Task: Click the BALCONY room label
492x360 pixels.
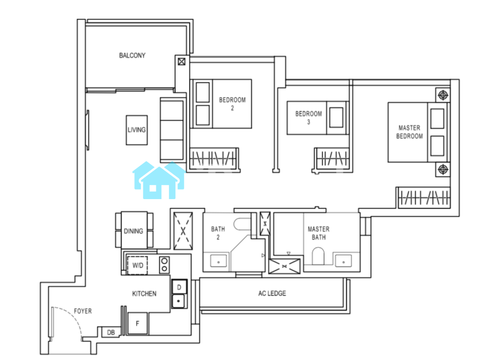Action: tap(132, 55)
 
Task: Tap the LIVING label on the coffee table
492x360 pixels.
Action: tap(137, 130)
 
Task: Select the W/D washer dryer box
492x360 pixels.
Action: tap(137, 265)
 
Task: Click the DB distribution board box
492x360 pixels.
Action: tap(111, 332)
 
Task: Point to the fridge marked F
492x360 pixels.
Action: tap(137, 323)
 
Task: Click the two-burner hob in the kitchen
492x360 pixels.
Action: tap(164, 265)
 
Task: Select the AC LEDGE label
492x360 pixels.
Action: tap(272, 294)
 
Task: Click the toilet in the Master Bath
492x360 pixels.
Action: tap(318, 256)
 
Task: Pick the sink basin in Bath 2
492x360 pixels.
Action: tap(219, 261)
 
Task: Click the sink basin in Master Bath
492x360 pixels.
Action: tap(343, 261)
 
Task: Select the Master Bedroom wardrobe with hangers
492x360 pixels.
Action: tap(424, 198)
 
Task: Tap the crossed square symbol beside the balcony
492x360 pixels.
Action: tap(182, 61)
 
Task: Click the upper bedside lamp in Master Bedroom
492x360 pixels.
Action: tap(443, 95)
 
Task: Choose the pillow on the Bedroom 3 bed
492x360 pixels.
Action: tap(336, 117)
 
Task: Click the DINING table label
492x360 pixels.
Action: tap(133, 231)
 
